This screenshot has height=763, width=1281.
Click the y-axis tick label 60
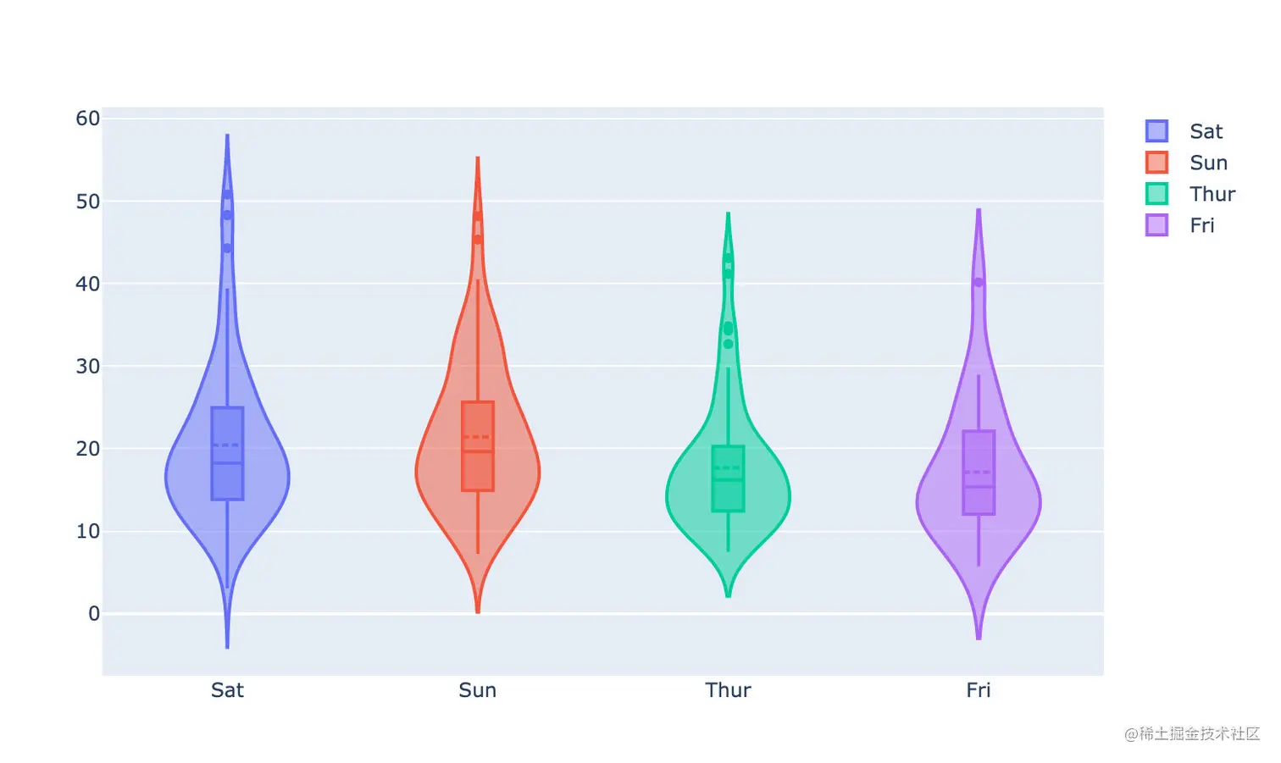coord(88,119)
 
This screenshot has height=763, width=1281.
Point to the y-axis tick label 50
coord(88,202)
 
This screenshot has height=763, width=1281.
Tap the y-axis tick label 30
coord(88,366)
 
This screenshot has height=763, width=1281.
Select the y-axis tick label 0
coord(94,613)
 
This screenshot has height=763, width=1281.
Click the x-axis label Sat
coord(227,690)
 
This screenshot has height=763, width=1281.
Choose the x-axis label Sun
coord(477,690)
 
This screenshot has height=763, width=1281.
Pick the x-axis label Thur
coord(728,690)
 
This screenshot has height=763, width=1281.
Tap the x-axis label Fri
coord(978,690)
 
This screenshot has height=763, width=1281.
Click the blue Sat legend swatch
coord(1156,131)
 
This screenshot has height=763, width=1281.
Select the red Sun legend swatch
coord(1156,163)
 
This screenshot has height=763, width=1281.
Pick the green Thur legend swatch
coord(1156,194)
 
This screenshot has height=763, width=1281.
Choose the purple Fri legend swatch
coord(1156,225)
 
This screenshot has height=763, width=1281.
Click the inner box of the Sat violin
coord(227,454)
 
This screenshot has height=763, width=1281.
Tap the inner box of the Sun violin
coord(478,446)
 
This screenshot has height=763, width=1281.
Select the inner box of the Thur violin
coord(728,478)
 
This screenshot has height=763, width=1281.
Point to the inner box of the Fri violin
coord(979,473)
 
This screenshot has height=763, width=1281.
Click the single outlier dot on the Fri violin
coord(979,282)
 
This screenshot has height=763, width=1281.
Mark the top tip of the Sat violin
coord(227,135)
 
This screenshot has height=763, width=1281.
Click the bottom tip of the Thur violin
coord(728,596)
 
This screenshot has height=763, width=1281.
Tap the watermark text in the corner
coord(1192,733)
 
